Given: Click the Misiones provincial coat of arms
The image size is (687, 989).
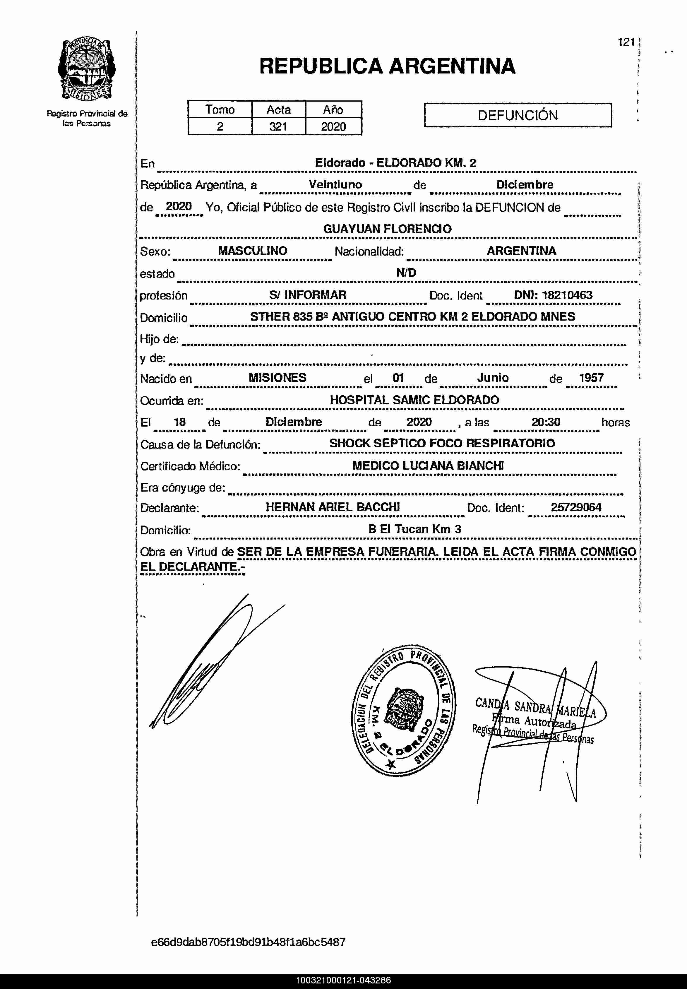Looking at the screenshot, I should (87, 70).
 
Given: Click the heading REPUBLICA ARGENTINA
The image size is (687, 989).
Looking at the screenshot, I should (387, 66).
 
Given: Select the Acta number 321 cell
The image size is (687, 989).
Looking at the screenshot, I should (278, 126).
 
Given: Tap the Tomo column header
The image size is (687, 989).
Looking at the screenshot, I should (220, 109).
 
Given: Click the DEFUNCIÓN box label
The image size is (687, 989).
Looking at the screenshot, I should (518, 115).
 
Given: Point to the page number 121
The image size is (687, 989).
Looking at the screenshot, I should (626, 42).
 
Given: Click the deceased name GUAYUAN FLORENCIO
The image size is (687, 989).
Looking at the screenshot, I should (387, 229).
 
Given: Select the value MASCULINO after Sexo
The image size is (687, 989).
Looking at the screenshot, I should (252, 251).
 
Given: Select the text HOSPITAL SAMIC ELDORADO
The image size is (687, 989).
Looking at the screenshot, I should (414, 400).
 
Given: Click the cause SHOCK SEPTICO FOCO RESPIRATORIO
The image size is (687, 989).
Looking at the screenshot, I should (442, 443).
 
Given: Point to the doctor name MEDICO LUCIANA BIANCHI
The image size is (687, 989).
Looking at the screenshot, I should (428, 466).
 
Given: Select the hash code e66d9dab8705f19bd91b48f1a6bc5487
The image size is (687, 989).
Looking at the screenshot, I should (248, 942).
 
